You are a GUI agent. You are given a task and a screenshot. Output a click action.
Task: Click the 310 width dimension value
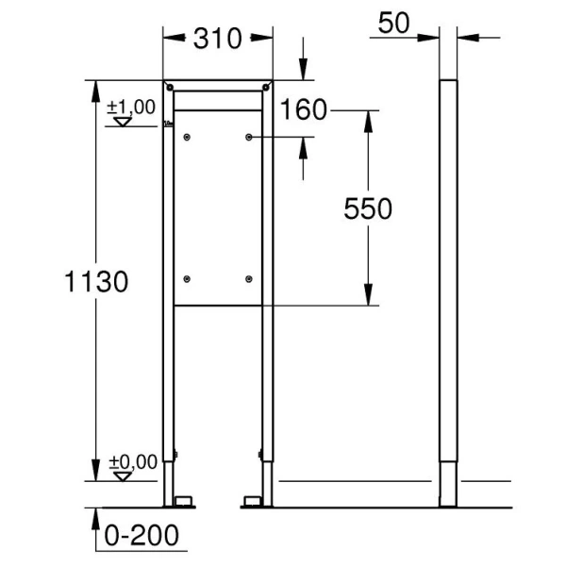point(218,38)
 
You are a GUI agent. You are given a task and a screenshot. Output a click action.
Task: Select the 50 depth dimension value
point(394,24)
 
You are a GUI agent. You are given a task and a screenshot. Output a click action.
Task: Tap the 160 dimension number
point(303,110)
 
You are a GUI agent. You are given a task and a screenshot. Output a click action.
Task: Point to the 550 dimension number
point(366,208)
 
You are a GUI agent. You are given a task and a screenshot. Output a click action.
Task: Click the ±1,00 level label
point(130,107)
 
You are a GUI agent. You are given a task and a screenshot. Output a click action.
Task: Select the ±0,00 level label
point(130,461)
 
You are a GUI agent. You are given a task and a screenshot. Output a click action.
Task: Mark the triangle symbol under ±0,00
point(120,475)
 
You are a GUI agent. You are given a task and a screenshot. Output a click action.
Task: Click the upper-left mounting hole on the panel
point(188,138)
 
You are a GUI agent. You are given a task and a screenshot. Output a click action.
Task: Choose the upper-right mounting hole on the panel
point(249,138)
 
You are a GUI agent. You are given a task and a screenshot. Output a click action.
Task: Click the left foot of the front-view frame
point(179,498)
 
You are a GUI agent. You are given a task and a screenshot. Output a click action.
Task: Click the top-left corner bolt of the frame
point(169,88)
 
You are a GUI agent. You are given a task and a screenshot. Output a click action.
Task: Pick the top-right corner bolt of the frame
point(268,88)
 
